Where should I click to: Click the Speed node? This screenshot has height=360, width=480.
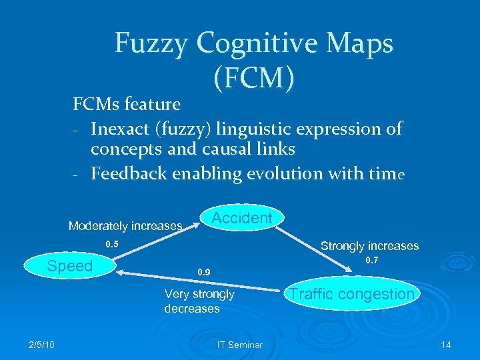[69, 267]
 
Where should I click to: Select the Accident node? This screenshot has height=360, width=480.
[241, 218]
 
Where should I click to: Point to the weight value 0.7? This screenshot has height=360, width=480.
[373, 260]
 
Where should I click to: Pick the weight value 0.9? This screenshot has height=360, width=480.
[203, 272]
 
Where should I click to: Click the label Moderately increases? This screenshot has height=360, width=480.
[125, 226]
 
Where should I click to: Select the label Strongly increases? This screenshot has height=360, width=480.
[369, 246]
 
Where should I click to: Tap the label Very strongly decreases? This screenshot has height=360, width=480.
[199, 301]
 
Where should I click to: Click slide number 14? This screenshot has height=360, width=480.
[446, 344]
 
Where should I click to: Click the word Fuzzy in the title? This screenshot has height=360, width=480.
[152, 44]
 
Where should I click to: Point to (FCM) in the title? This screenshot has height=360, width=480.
[254, 78]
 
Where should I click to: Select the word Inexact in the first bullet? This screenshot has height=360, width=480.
[125, 128]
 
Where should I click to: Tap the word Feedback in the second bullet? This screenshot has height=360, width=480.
[129, 173]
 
